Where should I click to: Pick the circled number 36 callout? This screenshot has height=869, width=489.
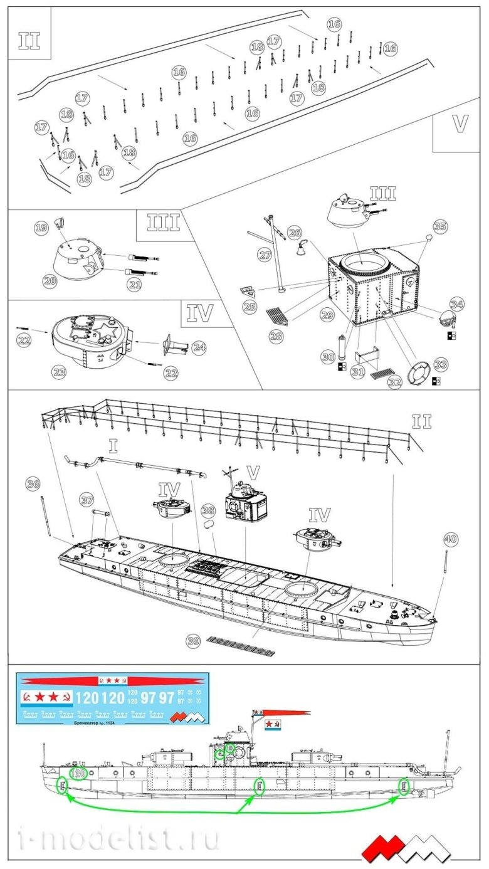tap(34, 483)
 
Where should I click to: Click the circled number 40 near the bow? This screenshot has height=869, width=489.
tap(450, 539)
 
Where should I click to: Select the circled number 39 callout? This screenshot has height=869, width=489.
tap(194, 640)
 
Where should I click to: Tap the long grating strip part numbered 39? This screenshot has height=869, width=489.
tap(241, 646)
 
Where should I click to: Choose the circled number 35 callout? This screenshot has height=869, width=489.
tap(440, 226)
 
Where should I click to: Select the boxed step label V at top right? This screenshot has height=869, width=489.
tap(460, 124)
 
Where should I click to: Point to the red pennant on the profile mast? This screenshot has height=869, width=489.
tap(285, 713)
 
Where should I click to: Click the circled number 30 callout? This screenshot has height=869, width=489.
tap(327, 357)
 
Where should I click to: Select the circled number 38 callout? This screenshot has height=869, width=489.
tap(208, 510)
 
